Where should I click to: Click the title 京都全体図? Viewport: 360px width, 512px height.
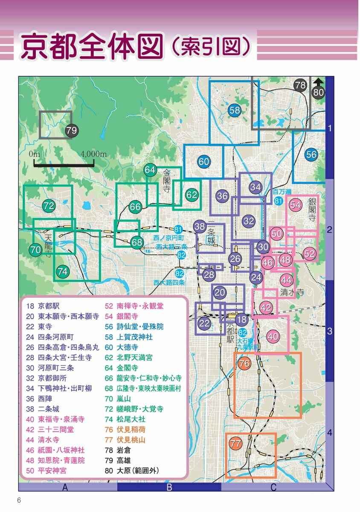tap(92, 46)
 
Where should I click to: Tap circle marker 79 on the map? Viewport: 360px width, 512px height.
tap(72, 131)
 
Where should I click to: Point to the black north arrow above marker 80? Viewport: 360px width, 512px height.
tap(318, 82)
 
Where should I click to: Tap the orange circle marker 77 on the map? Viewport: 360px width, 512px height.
tap(235, 444)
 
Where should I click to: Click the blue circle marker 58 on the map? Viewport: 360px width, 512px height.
tap(235, 110)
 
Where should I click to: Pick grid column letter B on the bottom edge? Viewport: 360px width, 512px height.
tap(169, 487)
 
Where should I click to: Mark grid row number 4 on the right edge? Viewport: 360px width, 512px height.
tap(329, 433)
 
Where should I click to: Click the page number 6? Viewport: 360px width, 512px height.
tap(19, 500)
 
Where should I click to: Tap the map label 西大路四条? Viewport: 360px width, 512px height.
tap(170, 282)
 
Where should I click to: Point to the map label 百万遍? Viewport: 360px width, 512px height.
tap(282, 192)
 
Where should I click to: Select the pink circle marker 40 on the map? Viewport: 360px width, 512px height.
tap(273, 336)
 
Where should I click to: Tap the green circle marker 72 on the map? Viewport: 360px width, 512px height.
tap(49, 206)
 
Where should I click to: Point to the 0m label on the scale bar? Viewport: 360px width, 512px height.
tap(34, 154)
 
